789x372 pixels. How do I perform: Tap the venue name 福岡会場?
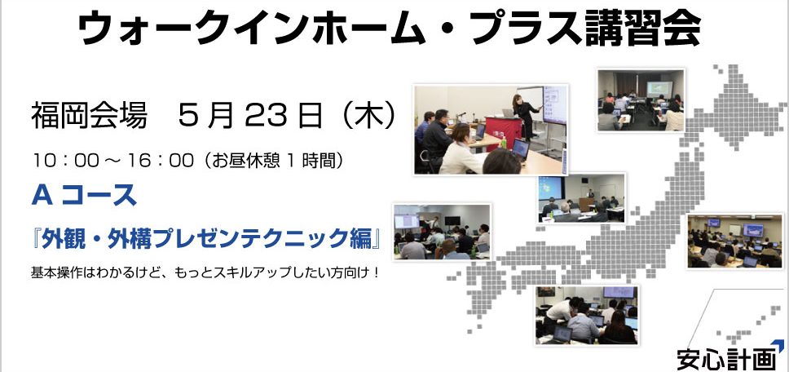[x=89, y=117]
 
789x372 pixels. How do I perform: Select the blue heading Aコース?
[x=84, y=195]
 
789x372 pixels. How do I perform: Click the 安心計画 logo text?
[x=726, y=360]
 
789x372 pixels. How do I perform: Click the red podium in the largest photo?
[x=503, y=132]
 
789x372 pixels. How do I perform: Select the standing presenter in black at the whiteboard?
[x=527, y=117]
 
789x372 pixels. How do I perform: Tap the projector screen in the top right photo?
[x=659, y=89]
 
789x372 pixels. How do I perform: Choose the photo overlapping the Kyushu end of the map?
[x=587, y=316]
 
